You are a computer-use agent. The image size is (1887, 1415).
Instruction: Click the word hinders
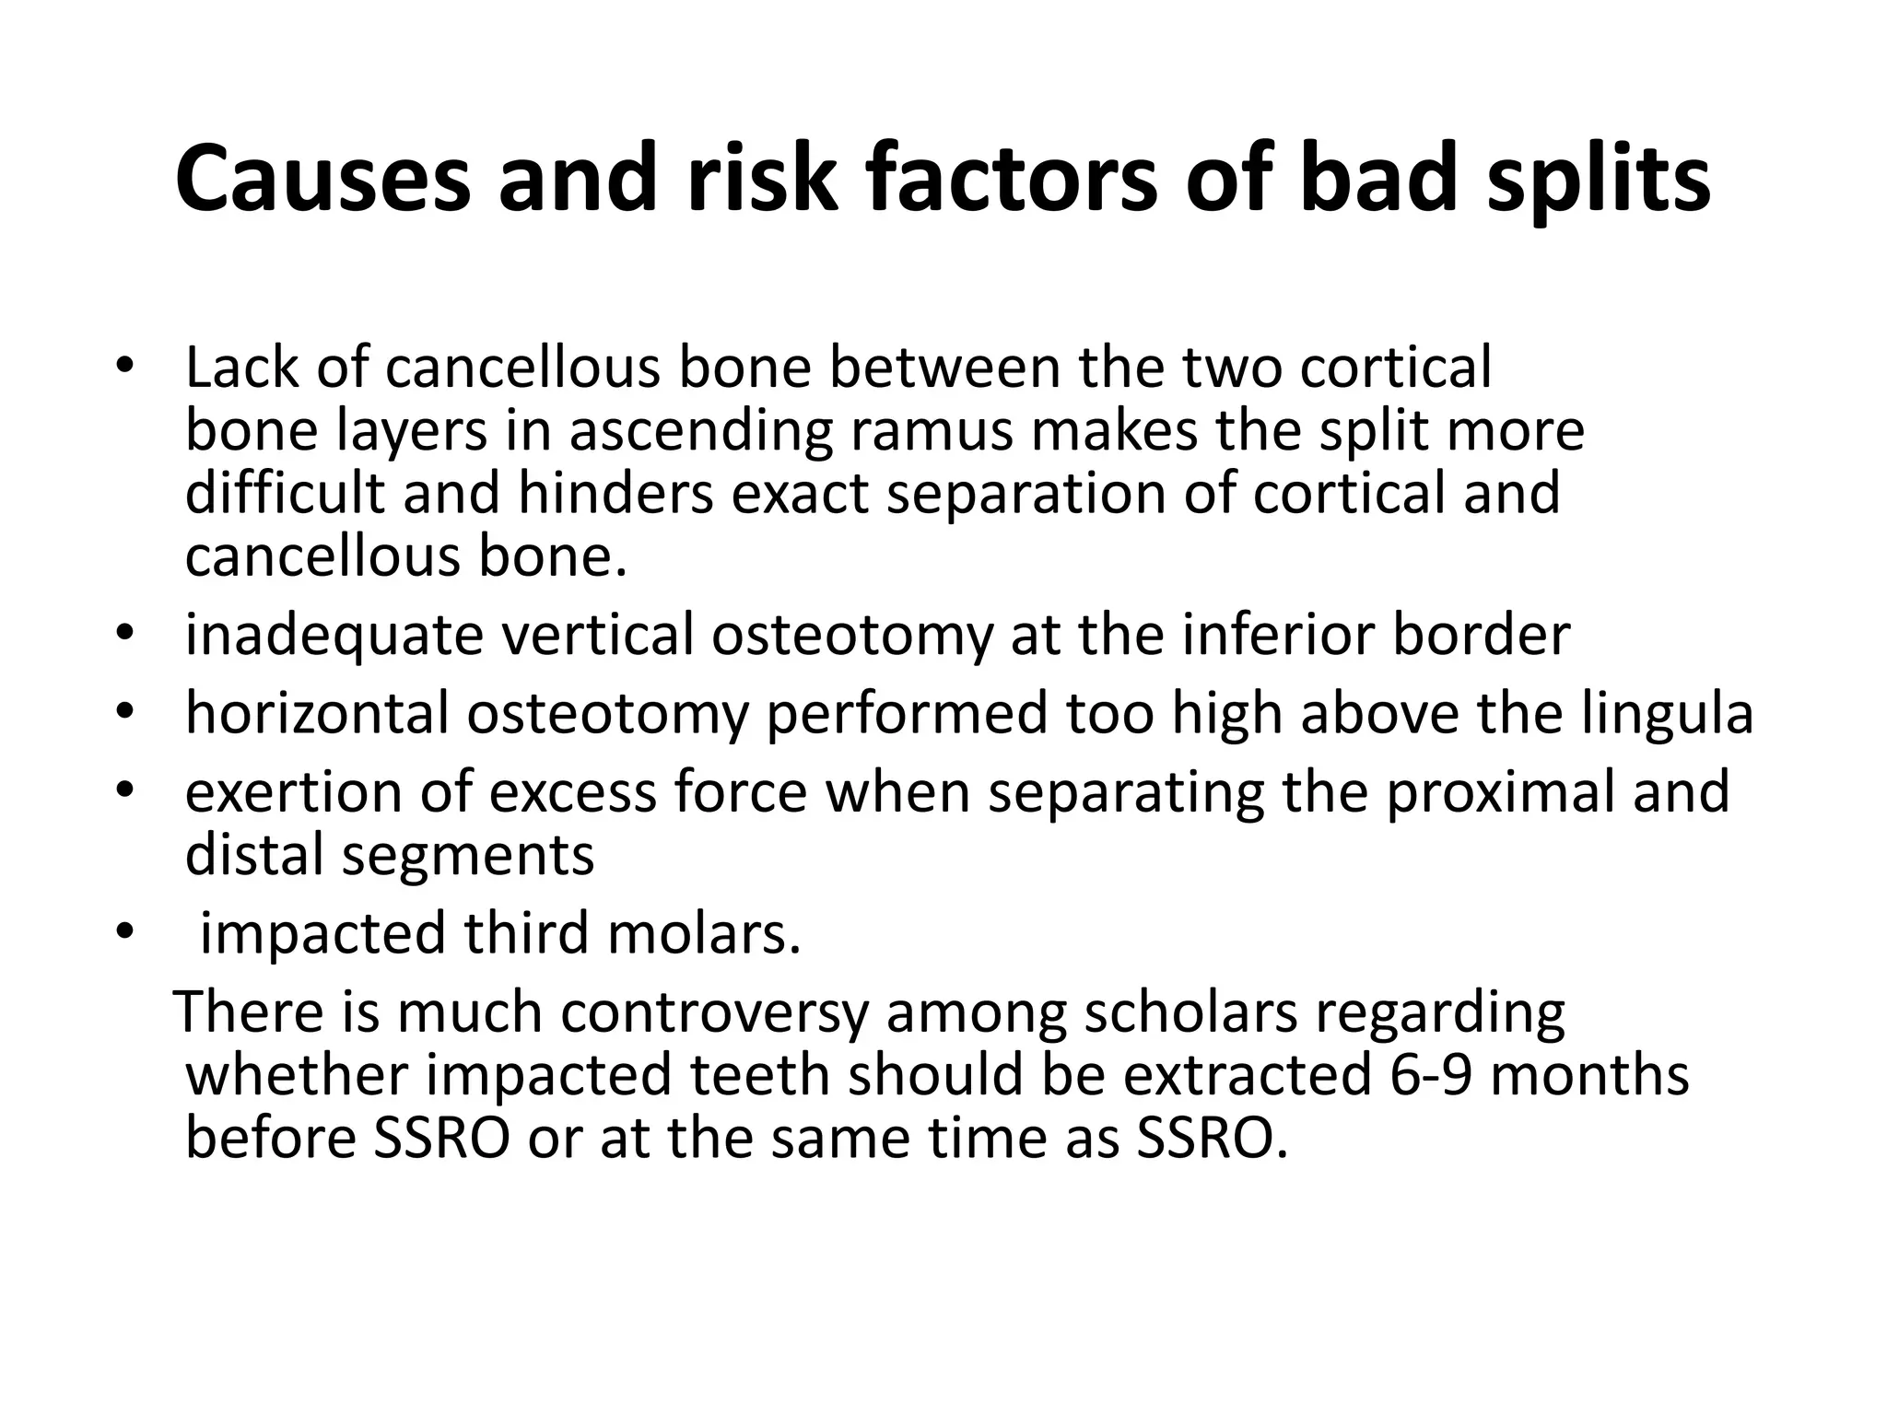coord(615,493)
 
